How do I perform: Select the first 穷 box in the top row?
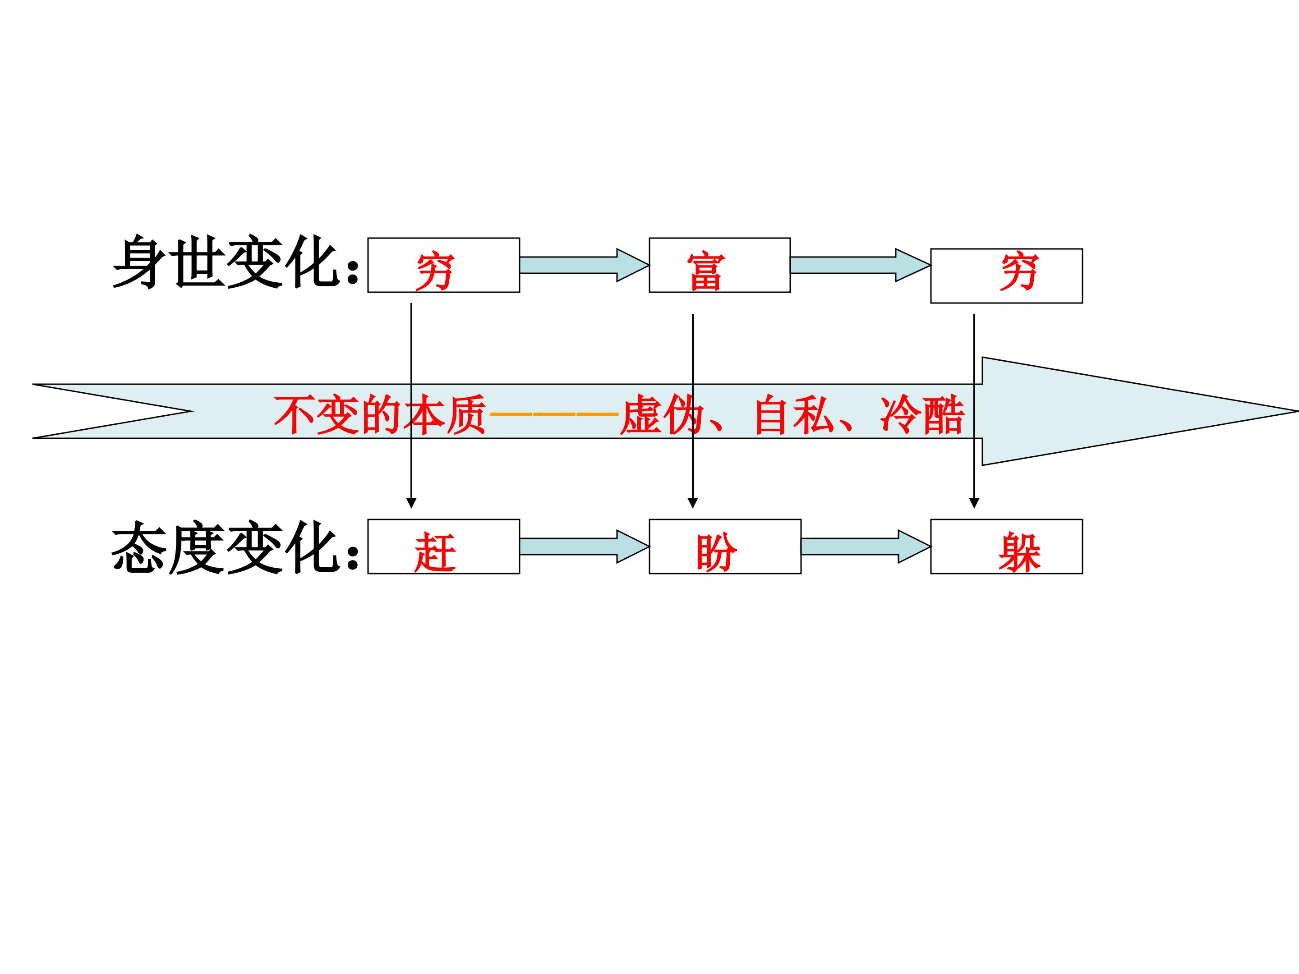point(443,265)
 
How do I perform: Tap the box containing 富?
point(719,265)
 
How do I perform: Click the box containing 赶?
point(443,547)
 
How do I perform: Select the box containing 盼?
point(725,547)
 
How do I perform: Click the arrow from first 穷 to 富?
point(584,265)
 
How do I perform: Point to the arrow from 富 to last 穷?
point(860,265)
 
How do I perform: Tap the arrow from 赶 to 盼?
point(584,547)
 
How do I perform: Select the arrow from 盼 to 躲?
point(865,547)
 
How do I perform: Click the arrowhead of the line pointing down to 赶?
point(411,503)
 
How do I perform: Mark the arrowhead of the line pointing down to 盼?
point(692,503)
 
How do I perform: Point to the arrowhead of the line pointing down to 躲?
point(974,503)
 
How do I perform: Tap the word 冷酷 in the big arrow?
point(922,415)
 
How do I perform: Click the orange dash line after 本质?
point(554,414)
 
